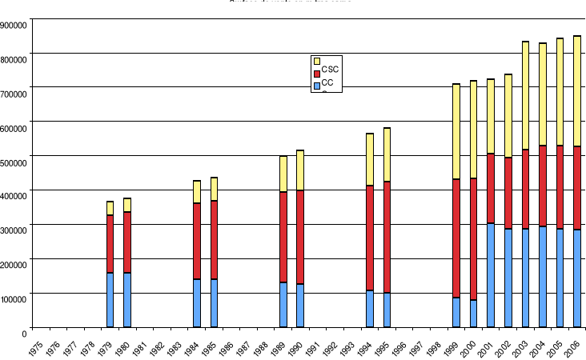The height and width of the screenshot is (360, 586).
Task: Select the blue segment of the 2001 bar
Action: pyautogui.click(x=491, y=275)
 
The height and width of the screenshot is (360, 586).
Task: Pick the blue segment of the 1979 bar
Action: pyautogui.click(x=110, y=300)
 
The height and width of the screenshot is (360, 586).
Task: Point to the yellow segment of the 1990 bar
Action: pyautogui.click(x=300, y=170)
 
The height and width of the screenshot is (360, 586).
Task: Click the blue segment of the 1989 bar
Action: pyautogui.click(x=283, y=305)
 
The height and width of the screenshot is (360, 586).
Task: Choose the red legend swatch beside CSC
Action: pyautogui.click(x=317, y=73)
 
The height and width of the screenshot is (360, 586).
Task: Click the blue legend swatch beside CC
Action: pyautogui.click(x=317, y=85)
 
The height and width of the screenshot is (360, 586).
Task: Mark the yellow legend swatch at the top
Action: pyautogui.click(x=317, y=61)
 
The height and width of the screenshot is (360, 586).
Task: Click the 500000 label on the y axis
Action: pyautogui.click(x=14, y=162)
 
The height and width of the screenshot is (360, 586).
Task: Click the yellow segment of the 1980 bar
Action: pyautogui.click(x=127, y=205)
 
